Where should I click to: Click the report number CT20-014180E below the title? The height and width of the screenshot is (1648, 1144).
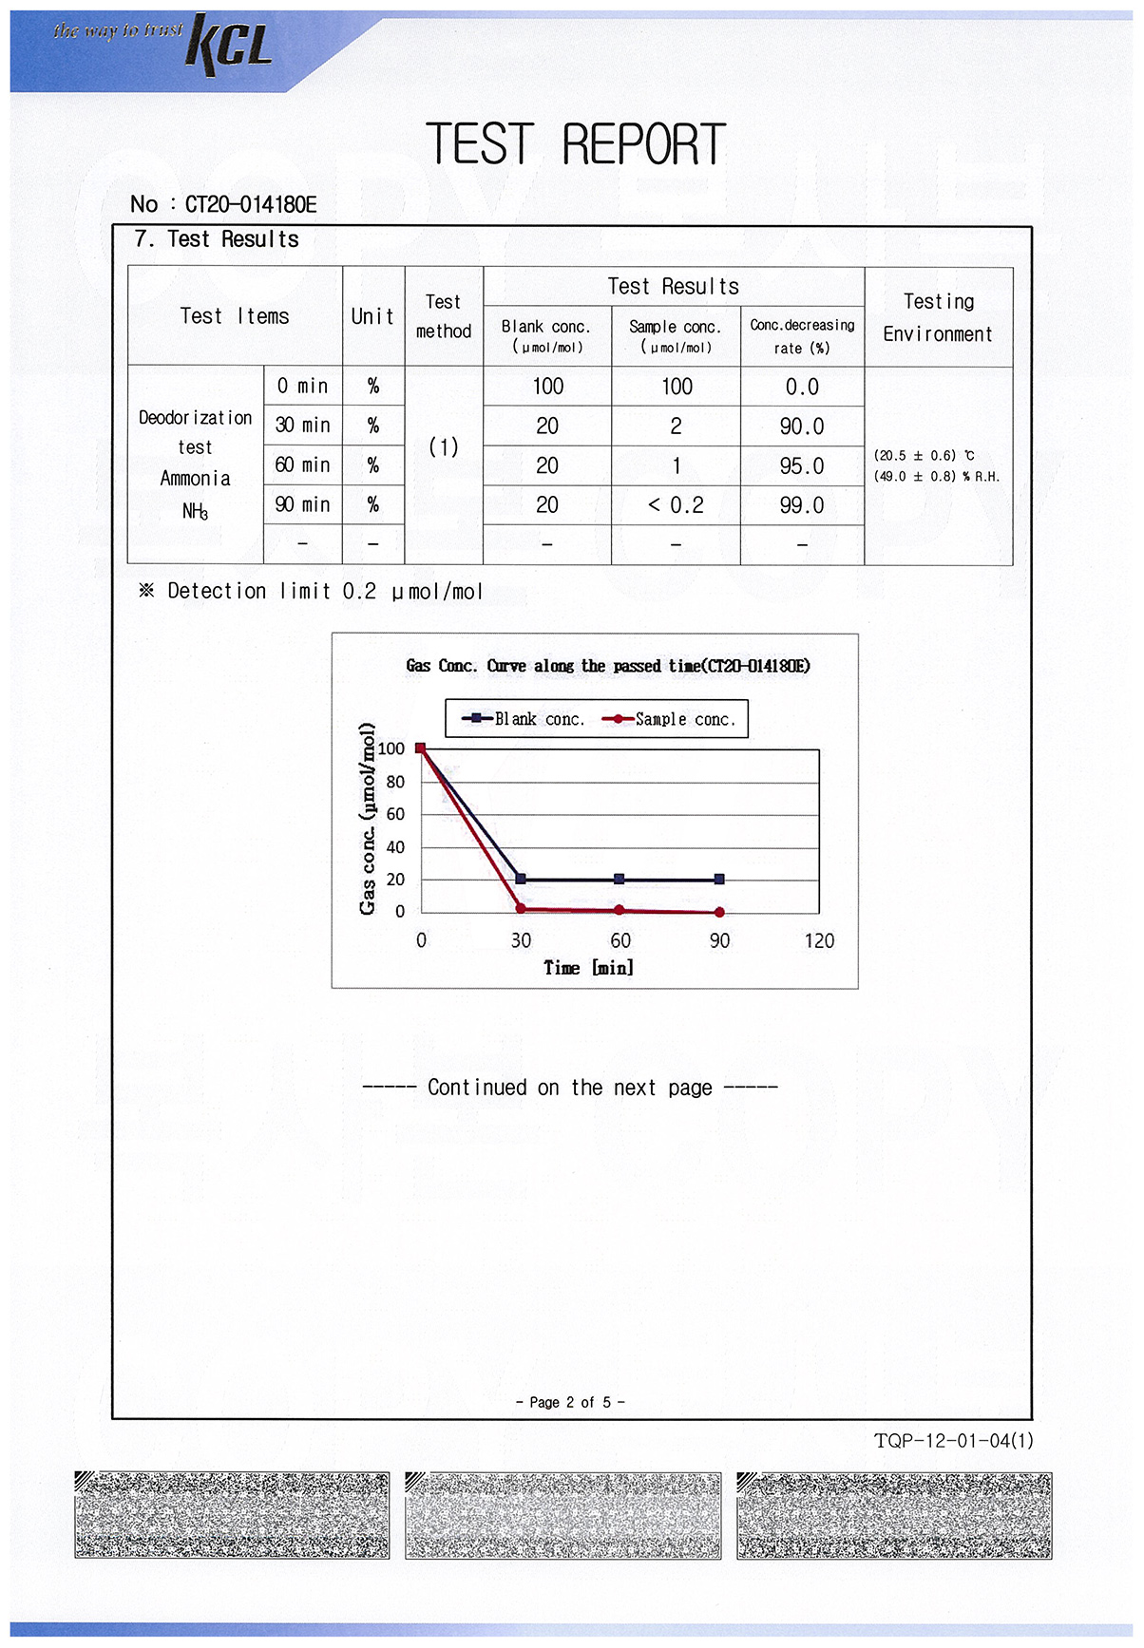(x=250, y=204)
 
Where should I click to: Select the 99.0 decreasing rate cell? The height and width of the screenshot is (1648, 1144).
(x=802, y=505)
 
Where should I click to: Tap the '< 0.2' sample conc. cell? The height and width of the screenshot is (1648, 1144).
(x=676, y=505)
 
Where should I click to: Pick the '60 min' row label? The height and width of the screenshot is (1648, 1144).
(x=302, y=465)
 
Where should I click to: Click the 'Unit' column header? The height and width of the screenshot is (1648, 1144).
(x=372, y=316)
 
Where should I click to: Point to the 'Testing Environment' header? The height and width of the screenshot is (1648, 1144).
(x=938, y=317)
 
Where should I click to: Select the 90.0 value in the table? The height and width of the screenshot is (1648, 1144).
(x=802, y=426)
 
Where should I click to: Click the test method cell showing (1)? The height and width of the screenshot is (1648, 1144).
(x=444, y=446)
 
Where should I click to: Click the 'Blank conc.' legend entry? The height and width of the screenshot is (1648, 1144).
(x=524, y=719)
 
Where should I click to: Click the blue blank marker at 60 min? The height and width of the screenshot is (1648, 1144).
(x=620, y=880)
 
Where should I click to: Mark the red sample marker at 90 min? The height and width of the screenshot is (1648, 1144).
(x=719, y=912)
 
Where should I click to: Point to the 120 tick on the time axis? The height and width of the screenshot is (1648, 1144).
(x=819, y=940)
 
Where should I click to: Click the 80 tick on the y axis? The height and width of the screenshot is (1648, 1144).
(x=395, y=782)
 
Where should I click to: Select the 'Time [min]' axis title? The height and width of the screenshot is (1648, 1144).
(x=588, y=968)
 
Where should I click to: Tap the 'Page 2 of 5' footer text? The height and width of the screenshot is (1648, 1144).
(x=570, y=1402)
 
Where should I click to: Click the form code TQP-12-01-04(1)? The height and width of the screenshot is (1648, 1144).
(x=953, y=1441)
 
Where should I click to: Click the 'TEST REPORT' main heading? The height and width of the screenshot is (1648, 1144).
(x=576, y=145)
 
